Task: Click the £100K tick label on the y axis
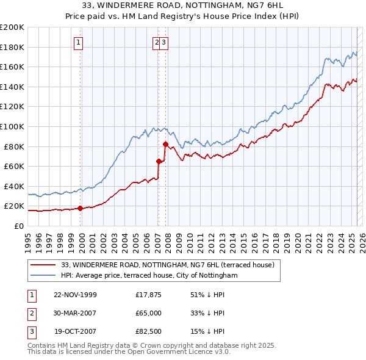(x=12, y=126)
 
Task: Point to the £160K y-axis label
(x=12, y=67)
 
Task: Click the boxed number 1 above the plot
(x=80, y=42)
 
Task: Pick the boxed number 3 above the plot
(x=165, y=42)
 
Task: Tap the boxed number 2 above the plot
(x=157, y=42)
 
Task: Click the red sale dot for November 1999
(x=81, y=208)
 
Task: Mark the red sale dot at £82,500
(x=165, y=144)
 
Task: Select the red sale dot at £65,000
(x=159, y=161)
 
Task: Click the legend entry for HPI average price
(x=149, y=275)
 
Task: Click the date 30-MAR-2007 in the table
(x=75, y=313)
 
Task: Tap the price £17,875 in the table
(x=148, y=295)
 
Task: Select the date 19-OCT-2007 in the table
(x=75, y=331)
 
